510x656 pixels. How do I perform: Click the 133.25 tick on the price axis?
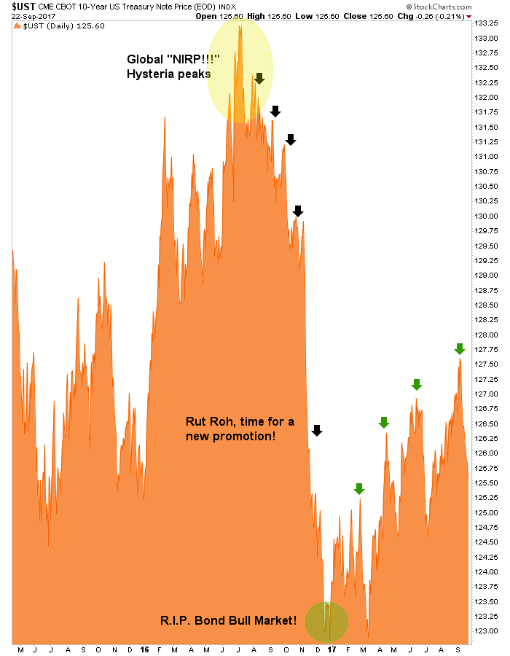point(487,23)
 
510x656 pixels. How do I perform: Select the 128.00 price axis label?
point(487,335)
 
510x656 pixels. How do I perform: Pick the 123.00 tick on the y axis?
point(487,631)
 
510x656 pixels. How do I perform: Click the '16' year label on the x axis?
point(145,649)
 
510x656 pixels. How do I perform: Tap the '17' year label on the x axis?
point(332,649)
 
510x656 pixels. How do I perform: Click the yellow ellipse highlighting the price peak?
point(240,69)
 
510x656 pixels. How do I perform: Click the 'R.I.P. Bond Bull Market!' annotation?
point(228,621)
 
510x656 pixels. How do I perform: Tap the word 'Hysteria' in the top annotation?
point(151,74)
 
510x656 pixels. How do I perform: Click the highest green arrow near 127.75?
point(459,348)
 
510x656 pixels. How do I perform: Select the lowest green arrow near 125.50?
point(358,488)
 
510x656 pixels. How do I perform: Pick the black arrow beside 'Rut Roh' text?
point(316,430)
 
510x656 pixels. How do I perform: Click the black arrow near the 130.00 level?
point(297,211)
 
